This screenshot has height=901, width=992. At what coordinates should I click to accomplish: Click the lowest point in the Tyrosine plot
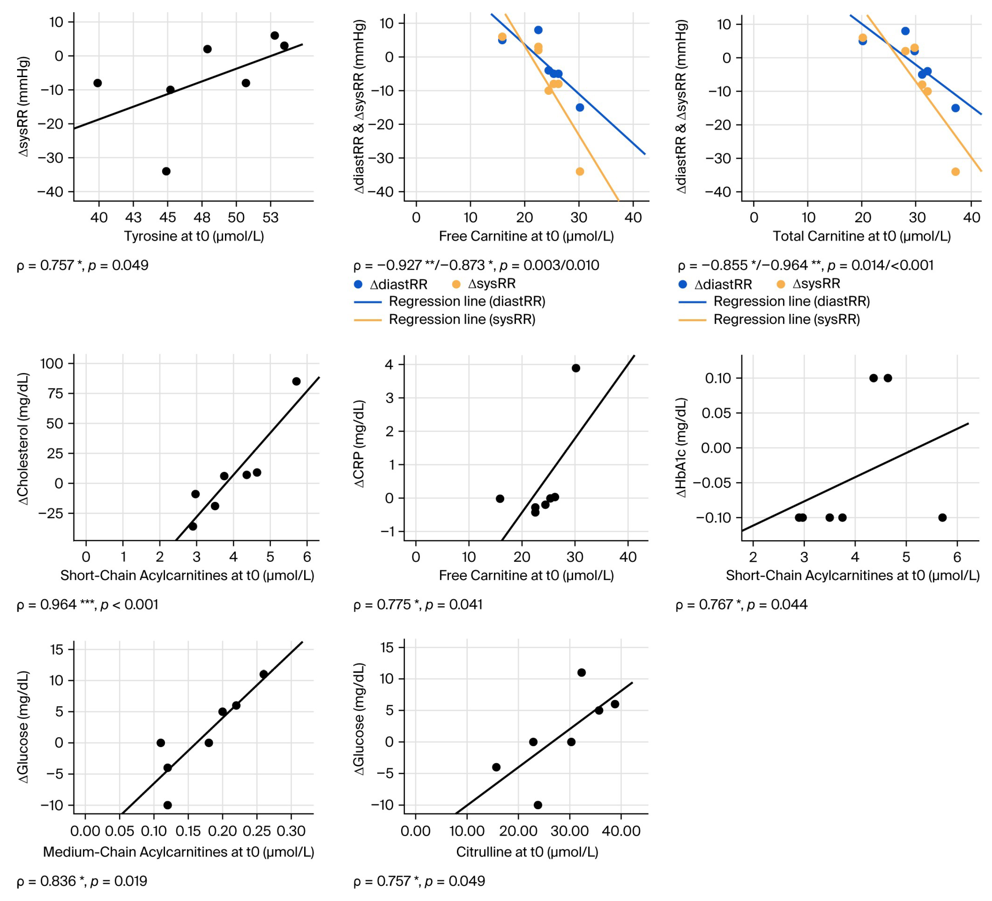pos(166,171)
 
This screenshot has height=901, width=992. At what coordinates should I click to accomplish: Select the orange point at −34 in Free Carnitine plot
pos(580,171)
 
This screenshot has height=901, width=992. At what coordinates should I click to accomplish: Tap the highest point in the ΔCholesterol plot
pos(296,381)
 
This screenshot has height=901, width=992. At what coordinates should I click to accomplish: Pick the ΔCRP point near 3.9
pos(576,368)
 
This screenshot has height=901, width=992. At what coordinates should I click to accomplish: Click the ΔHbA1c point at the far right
pos(942,517)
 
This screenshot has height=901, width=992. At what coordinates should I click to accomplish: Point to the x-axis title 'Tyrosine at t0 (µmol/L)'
pos(194,236)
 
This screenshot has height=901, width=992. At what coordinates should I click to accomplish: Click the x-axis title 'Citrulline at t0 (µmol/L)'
pos(527,852)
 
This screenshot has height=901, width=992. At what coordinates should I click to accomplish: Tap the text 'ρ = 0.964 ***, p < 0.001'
pos(88,605)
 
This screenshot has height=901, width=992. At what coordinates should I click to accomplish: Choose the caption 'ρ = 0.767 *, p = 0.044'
pos(742,605)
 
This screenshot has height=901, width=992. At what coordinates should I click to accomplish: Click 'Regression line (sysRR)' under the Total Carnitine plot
pos(786,320)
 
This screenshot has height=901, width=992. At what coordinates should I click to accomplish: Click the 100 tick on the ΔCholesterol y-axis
pos(52,363)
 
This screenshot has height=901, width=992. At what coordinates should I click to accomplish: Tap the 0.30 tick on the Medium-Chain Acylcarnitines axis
pos(291,832)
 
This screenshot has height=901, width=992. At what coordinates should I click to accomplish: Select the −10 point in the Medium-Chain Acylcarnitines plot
pos(167,805)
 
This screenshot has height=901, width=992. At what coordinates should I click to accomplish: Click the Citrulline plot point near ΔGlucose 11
pos(581,672)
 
